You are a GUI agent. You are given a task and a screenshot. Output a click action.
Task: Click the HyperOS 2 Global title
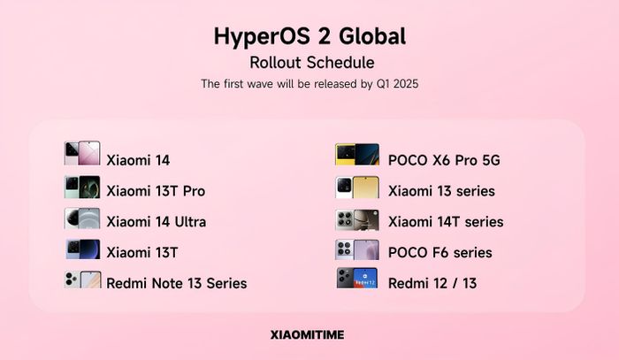309,37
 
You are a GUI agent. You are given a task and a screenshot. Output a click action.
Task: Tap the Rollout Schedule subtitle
312,63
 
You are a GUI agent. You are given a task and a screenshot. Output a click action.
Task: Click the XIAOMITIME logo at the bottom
307,334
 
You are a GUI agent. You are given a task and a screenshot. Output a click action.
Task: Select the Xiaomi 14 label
138,160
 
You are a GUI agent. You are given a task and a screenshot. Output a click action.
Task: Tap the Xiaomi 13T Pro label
156,191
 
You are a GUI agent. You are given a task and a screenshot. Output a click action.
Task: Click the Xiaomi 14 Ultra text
157,222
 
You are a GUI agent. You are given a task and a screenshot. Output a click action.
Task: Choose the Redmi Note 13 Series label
177,283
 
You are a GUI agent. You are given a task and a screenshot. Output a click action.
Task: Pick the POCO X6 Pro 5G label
444,160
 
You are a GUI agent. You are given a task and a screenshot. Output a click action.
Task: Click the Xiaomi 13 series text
442,191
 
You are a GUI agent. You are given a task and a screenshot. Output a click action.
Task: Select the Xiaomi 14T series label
446,222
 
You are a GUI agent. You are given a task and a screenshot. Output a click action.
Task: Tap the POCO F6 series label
440,253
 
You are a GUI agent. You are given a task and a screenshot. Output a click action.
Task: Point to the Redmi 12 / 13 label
432,283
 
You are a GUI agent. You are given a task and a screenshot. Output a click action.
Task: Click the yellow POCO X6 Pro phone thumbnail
357,154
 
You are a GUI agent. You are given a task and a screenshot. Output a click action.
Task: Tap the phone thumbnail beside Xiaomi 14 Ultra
82,218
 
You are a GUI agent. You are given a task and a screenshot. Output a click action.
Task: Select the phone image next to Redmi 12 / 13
357,279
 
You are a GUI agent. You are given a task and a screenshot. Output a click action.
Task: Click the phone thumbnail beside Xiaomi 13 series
357,188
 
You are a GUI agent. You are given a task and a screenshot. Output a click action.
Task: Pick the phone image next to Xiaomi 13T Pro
82,188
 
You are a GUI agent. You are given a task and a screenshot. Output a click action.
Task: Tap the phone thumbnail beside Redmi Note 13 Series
82,280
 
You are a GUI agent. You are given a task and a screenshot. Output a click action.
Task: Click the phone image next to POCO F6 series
357,249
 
